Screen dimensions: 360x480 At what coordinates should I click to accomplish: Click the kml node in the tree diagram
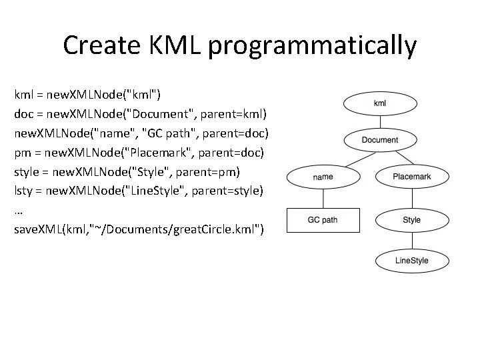379,103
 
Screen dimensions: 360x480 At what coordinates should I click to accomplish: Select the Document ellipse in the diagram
379,140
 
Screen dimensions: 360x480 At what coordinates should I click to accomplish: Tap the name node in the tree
323,177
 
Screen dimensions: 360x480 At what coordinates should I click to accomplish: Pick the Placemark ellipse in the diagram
411,177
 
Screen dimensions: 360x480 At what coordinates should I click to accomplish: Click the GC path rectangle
323,219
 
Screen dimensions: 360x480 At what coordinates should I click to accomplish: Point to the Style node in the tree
411,219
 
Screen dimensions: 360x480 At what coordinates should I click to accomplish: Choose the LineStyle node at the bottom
411,261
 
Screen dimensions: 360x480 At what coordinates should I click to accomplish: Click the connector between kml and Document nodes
379,121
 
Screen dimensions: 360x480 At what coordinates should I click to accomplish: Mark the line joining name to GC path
323,198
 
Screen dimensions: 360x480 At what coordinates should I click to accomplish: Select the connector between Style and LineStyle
411,240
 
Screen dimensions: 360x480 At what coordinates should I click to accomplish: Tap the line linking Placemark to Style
411,198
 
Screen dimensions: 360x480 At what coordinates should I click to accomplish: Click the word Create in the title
100,45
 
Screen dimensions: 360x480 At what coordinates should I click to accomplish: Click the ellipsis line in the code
19,211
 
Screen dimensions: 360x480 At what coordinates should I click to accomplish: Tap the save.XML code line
139,229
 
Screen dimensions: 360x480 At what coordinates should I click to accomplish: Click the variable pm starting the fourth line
23,153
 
